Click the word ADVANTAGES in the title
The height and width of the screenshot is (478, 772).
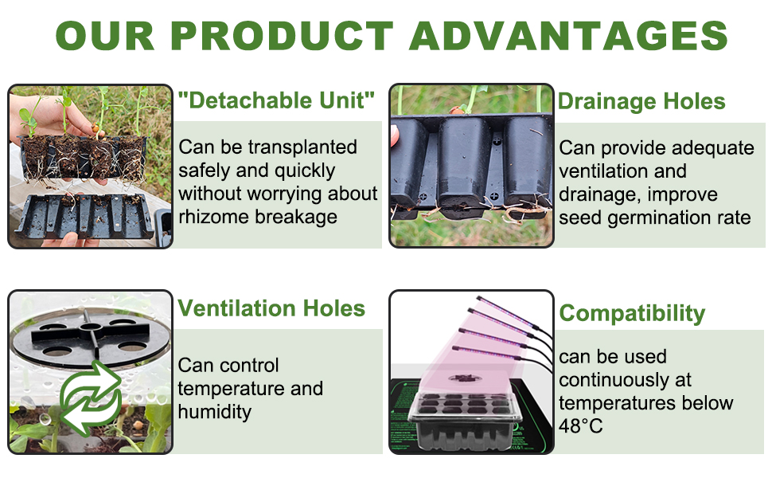[x=569, y=36]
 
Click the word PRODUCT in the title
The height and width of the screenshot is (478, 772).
[x=282, y=36]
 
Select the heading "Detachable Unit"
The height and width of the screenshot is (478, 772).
[x=276, y=100]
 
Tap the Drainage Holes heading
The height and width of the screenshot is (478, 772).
[x=641, y=102]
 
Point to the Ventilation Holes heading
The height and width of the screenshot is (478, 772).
[x=271, y=308]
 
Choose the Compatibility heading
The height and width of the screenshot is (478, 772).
[x=632, y=313]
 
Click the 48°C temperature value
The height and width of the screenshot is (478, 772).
[x=580, y=426]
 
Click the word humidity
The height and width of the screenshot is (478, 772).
[x=215, y=413]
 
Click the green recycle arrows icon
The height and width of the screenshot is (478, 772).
[x=91, y=398]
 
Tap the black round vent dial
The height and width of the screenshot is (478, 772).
[x=90, y=336]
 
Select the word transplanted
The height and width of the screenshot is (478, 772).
[x=302, y=147]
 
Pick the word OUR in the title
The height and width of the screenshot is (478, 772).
[x=105, y=36]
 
